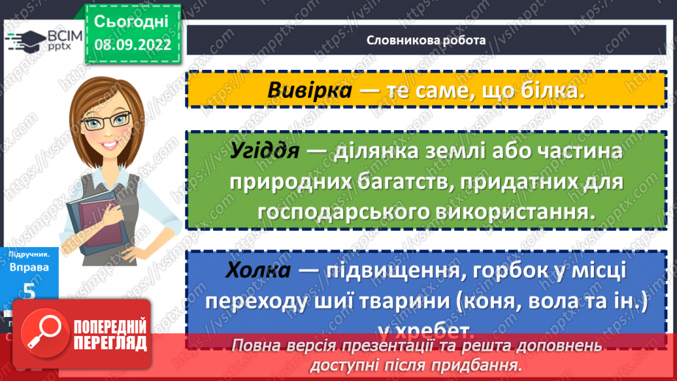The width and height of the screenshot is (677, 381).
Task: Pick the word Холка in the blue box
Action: click(x=257, y=271)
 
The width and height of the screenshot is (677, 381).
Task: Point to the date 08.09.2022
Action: click(x=132, y=44)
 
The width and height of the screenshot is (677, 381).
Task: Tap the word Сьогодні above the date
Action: click(x=132, y=21)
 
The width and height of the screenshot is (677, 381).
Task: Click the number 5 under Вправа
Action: click(x=29, y=291)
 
